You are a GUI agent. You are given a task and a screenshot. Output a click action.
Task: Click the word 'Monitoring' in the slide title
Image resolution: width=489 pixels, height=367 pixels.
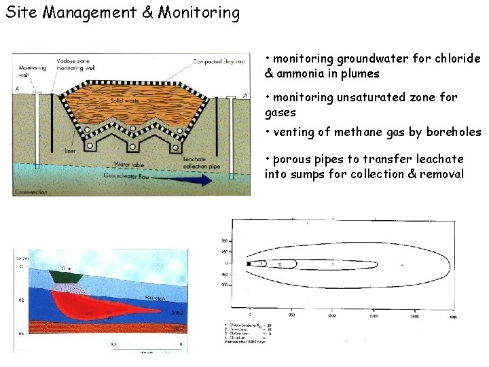[x=198, y=13]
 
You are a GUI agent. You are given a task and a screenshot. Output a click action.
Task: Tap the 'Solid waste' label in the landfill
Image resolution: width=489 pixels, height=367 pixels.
[x=126, y=101]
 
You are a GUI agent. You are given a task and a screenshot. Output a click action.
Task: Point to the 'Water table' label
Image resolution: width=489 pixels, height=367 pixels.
[x=129, y=164]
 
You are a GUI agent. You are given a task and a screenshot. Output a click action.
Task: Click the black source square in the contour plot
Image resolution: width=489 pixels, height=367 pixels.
[x=250, y=263]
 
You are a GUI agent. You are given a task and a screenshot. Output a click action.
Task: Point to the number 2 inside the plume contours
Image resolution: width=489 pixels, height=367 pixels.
[x=279, y=264]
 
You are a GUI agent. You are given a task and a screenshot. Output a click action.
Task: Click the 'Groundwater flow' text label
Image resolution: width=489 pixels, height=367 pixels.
[x=126, y=176]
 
